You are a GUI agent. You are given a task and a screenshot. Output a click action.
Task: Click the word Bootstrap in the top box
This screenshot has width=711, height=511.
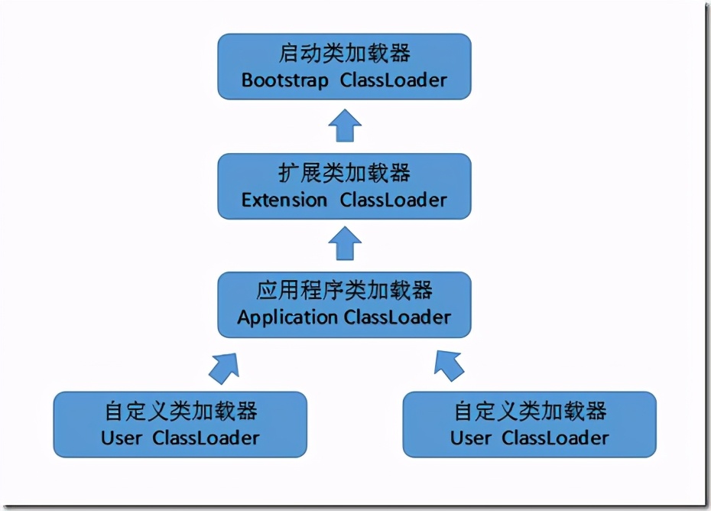(x=284, y=80)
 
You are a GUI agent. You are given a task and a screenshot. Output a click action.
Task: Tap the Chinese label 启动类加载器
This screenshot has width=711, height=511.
(x=344, y=54)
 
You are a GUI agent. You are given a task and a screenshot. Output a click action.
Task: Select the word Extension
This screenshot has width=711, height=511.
(x=284, y=200)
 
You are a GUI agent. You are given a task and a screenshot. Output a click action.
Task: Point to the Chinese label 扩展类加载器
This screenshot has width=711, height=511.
(x=344, y=173)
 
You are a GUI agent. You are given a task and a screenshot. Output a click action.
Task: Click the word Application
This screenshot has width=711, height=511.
(x=287, y=317)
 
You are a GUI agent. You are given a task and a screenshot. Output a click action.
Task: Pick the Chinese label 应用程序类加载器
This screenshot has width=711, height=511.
(x=344, y=291)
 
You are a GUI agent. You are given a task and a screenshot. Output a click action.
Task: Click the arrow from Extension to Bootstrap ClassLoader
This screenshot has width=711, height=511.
(x=345, y=125)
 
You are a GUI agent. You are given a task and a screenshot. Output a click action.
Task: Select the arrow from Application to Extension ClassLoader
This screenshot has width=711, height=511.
(x=345, y=245)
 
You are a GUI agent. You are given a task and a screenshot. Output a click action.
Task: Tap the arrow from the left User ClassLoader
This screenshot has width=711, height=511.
(x=224, y=366)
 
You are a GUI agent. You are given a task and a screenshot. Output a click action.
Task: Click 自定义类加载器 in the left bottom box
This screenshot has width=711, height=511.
(x=180, y=411)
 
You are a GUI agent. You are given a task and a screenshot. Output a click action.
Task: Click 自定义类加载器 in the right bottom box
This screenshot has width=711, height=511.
(x=530, y=411)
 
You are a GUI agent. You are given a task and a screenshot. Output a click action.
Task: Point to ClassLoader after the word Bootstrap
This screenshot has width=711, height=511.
(x=394, y=80)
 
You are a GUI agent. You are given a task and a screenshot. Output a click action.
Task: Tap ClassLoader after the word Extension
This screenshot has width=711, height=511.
(x=394, y=200)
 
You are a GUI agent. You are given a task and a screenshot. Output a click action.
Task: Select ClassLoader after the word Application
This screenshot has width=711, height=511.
(x=398, y=317)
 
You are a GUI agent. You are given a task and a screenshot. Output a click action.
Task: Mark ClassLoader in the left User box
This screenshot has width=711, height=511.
(x=206, y=438)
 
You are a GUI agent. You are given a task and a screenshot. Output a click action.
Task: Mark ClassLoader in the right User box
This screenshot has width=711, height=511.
(x=555, y=438)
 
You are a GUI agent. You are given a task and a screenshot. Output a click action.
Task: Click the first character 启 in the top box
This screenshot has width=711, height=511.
(x=289, y=54)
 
